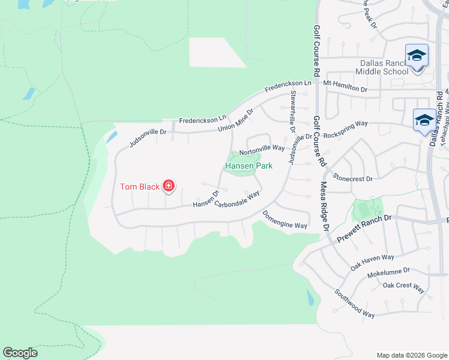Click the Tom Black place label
(x=140, y=187)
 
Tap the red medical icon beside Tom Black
(x=169, y=186)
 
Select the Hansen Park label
(x=249, y=166)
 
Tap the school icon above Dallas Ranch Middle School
(x=417, y=56)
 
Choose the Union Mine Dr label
(x=236, y=119)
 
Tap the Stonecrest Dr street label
(x=353, y=178)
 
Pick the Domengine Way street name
(x=285, y=220)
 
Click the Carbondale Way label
(x=237, y=199)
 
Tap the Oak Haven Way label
(x=372, y=262)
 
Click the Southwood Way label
(x=355, y=305)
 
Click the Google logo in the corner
(x=20, y=353)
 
